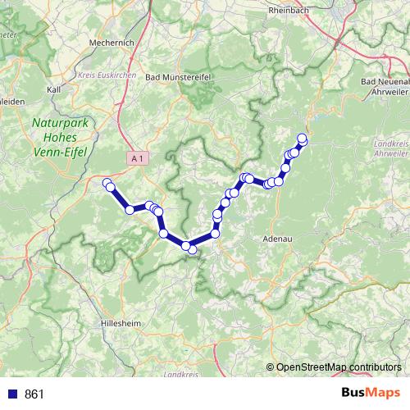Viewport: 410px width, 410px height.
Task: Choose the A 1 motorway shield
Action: click(x=138, y=156)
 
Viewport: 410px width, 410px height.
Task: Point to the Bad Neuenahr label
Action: click(x=385, y=82)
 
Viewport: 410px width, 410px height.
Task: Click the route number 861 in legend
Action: click(x=34, y=394)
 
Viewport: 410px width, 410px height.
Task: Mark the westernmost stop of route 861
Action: click(x=107, y=182)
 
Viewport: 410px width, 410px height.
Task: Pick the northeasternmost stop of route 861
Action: click(x=302, y=138)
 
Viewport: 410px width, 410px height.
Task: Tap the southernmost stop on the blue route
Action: click(x=192, y=250)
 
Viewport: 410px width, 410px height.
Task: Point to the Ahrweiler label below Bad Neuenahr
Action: click(x=387, y=93)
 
